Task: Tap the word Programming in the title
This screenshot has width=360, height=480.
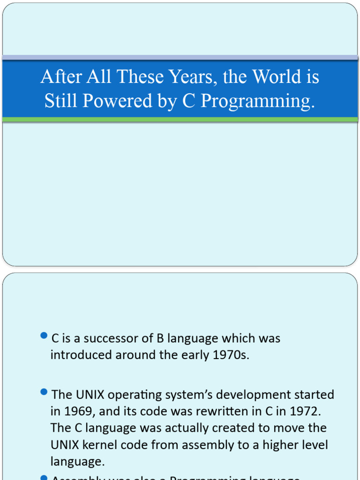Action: pyautogui.click(x=257, y=101)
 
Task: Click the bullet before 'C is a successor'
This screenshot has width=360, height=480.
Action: pyautogui.click(x=44, y=335)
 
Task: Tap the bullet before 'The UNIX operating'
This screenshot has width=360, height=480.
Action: pyautogui.click(x=44, y=391)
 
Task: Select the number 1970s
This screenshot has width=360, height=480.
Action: pyautogui.click(x=231, y=355)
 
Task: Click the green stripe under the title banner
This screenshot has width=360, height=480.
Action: pyautogui.click(x=180, y=120)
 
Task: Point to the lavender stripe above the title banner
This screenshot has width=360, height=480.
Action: pyautogui.click(x=180, y=57)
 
